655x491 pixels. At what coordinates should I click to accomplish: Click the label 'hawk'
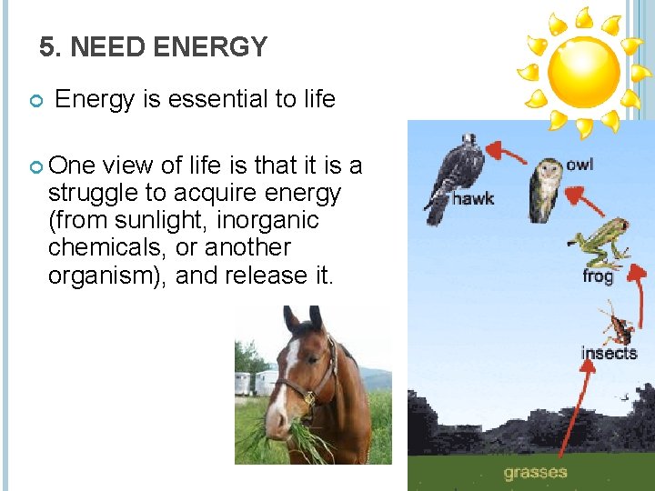click(473, 197)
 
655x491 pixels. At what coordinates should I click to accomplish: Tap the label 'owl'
click(579, 165)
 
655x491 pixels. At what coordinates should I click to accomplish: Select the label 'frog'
click(598, 276)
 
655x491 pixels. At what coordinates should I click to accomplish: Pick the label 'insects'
click(609, 353)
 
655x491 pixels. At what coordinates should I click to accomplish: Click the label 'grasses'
click(535, 472)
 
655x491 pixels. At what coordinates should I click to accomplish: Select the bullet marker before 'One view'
click(35, 166)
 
